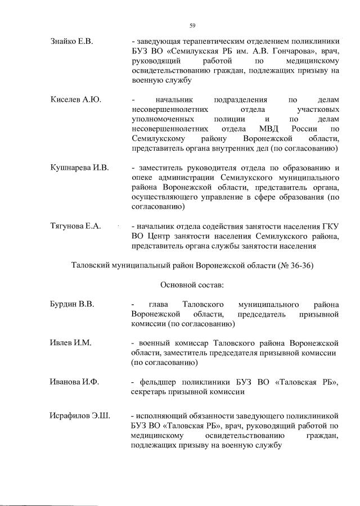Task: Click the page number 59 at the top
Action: [192, 25]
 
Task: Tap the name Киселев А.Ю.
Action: [73, 100]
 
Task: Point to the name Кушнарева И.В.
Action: [79, 168]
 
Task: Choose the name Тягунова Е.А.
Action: [75, 226]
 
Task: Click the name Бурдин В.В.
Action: [71, 304]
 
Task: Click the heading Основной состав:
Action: [192, 284]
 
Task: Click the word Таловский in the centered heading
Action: [94, 265]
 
